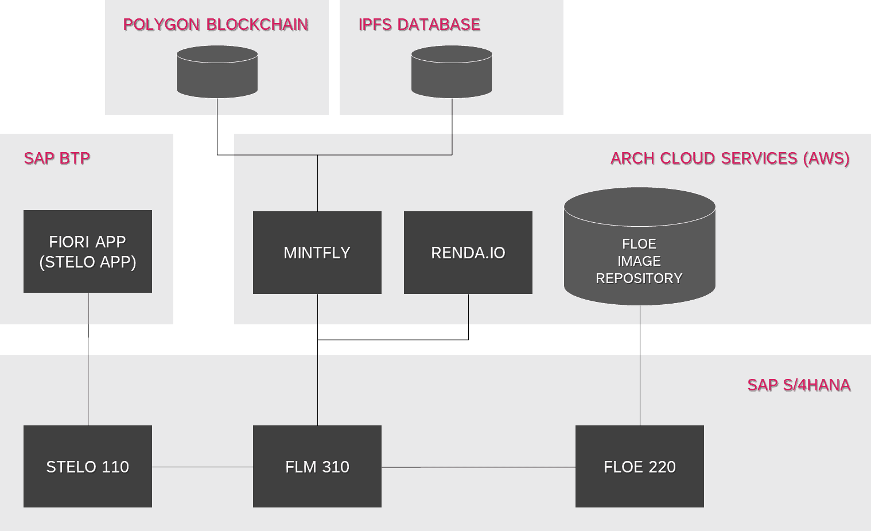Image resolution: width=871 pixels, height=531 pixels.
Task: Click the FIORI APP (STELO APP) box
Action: click(x=87, y=251)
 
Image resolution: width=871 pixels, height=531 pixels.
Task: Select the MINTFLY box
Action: click(x=317, y=253)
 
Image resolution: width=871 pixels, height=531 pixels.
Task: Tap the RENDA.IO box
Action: click(x=468, y=253)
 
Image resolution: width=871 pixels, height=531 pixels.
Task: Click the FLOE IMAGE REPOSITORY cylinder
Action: click(x=639, y=247)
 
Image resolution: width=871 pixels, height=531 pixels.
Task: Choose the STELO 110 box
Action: click(x=87, y=466)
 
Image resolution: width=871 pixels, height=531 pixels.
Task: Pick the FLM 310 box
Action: click(x=317, y=466)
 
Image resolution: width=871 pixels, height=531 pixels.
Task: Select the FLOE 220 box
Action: click(x=639, y=466)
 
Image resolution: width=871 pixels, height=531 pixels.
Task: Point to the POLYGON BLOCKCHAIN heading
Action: click(x=216, y=25)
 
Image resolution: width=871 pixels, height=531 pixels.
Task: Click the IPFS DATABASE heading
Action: click(x=419, y=25)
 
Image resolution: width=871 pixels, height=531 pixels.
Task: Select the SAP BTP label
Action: click(x=57, y=158)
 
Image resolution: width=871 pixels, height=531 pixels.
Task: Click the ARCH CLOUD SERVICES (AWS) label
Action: click(x=730, y=158)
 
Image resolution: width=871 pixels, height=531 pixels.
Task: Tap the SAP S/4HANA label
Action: click(x=799, y=385)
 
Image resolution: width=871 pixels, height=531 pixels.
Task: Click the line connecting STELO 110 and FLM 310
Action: click(x=202, y=467)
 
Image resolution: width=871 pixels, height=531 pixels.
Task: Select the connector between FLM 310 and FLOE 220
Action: click(x=478, y=467)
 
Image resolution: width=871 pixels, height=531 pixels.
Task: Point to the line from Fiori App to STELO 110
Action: click(x=88, y=373)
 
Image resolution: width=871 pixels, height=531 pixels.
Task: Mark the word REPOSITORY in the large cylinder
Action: click(x=639, y=278)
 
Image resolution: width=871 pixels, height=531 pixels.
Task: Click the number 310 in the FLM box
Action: click(x=336, y=467)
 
